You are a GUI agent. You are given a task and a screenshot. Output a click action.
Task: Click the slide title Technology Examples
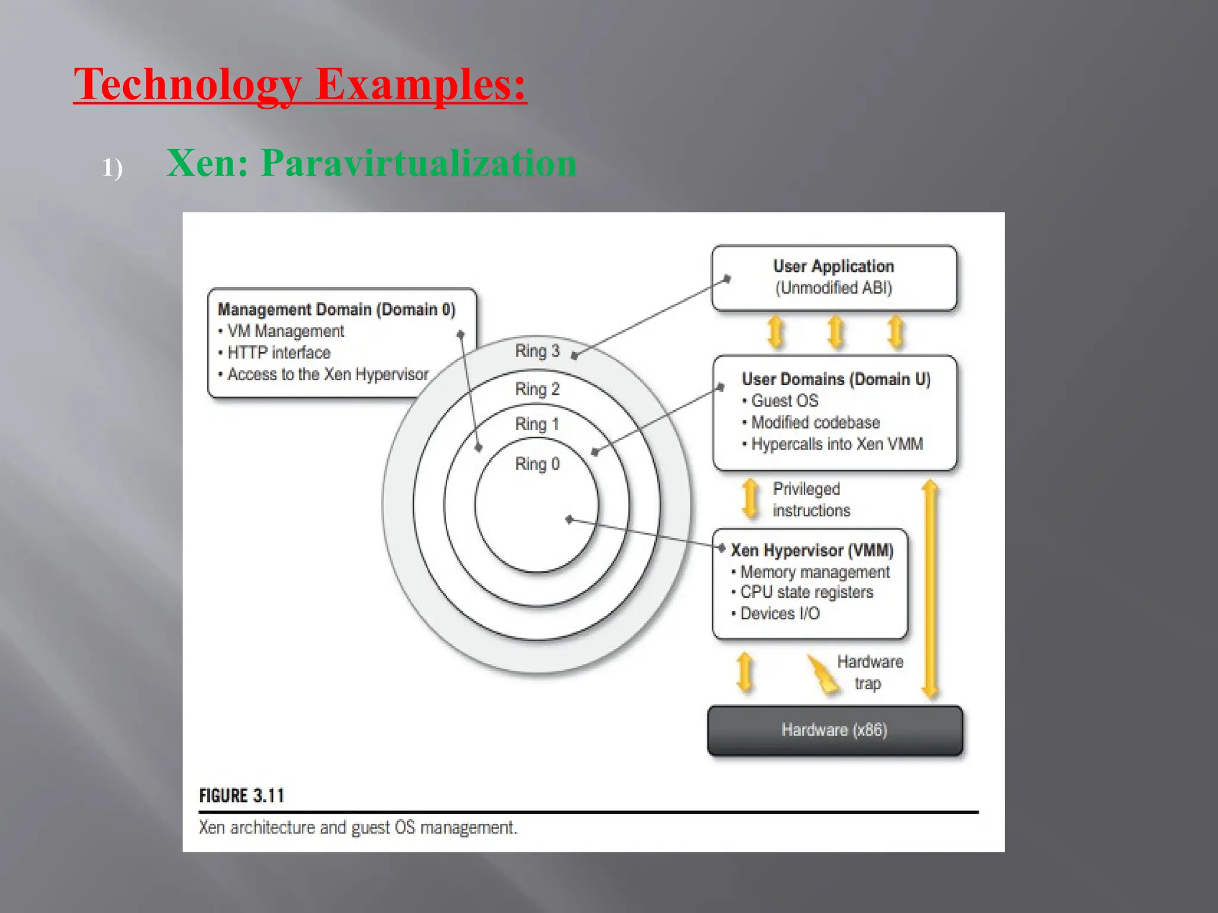pyautogui.click(x=300, y=84)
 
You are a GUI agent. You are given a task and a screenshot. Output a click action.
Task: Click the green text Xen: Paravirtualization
pyautogui.click(x=371, y=163)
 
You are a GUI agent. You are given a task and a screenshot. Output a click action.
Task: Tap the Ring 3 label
pyautogui.click(x=537, y=351)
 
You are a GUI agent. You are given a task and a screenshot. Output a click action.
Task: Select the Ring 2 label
pyautogui.click(x=537, y=389)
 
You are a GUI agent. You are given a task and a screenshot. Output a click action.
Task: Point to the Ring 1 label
pyautogui.click(x=537, y=424)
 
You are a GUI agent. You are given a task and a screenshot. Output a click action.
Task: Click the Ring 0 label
pyautogui.click(x=537, y=464)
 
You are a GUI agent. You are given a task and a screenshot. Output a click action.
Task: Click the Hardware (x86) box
pyautogui.click(x=834, y=731)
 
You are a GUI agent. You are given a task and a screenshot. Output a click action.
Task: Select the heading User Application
pyautogui.click(x=833, y=266)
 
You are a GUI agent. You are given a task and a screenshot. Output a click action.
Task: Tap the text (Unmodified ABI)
pyautogui.click(x=833, y=288)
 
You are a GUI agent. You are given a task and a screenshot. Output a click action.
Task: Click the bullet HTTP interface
pyautogui.click(x=278, y=353)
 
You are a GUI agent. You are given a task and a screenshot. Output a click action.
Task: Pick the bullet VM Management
pyautogui.click(x=285, y=331)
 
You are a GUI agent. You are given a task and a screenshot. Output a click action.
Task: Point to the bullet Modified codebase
pyautogui.click(x=815, y=423)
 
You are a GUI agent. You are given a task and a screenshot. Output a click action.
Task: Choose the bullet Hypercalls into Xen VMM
pyautogui.click(x=836, y=445)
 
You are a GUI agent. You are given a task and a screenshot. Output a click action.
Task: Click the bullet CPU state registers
pyautogui.click(x=806, y=593)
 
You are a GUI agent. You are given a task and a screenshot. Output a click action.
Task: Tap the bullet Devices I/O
pyautogui.click(x=780, y=614)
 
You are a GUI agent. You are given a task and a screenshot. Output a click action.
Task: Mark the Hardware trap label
pyautogui.click(x=869, y=673)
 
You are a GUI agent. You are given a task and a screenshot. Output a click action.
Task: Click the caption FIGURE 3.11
pyautogui.click(x=241, y=796)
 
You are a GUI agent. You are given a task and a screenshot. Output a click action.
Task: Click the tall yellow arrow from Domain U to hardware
pyautogui.click(x=930, y=588)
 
